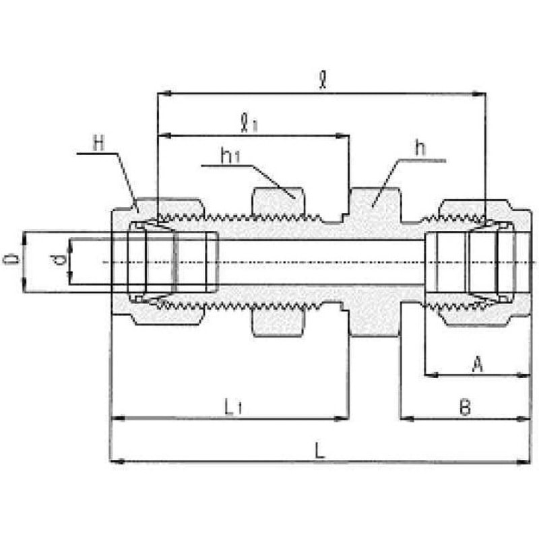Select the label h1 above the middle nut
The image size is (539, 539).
(230, 156)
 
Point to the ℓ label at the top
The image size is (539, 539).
(323, 80)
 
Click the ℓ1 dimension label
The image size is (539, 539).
(249, 123)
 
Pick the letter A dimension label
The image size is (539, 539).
(477, 364)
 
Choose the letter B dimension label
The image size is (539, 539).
(465, 408)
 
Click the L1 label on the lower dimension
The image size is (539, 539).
(233, 408)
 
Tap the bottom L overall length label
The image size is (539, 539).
(319, 450)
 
